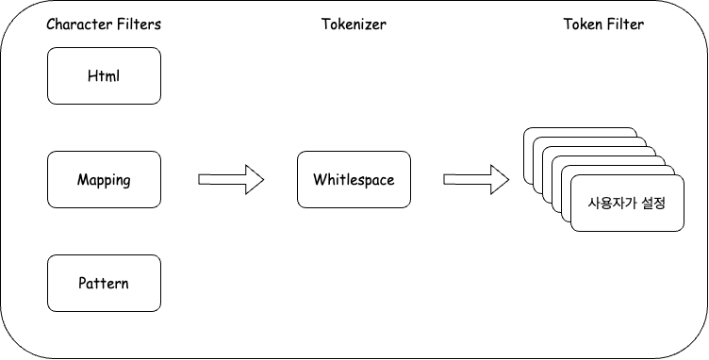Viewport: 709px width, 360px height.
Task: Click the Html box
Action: (x=104, y=75)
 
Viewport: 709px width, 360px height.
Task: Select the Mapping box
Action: (x=104, y=179)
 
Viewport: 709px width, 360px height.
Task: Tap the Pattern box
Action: (x=104, y=283)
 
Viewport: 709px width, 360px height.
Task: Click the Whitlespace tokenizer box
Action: (x=354, y=179)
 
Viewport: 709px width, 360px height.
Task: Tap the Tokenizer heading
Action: (x=354, y=25)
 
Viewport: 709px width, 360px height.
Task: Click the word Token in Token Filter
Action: (x=583, y=25)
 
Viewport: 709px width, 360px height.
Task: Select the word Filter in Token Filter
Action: (x=626, y=25)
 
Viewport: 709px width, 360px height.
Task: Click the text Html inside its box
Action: (x=104, y=75)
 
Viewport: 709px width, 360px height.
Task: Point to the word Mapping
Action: (x=104, y=179)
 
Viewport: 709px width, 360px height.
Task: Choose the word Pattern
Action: (x=104, y=283)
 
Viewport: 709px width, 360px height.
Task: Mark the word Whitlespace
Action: (x=354, y=179)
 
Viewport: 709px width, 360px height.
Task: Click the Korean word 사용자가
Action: (x=609, y=203)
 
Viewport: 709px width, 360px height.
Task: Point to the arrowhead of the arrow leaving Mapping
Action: (x=253, y=179)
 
